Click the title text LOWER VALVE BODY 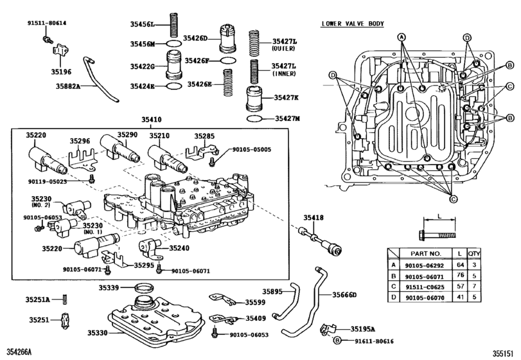pyautogui.click(x=353, y=24)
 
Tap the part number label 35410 pyautogui.click(x=152, y=120)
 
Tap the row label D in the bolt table pyautogui.click(x=393, y=298)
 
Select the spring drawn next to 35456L pyautogui.click(x=172, y=25)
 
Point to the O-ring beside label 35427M pyautogui.click(x=254, y=119)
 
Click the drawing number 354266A pyautogui.click(x=18, y=353)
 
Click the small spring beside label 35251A pyautogui.click(x=65, y=298)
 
